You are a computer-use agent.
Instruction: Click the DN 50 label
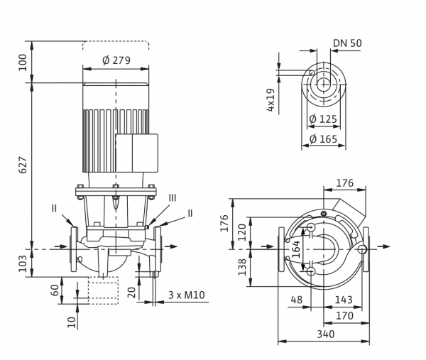coord(347,43)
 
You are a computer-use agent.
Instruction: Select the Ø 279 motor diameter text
coord(116,60)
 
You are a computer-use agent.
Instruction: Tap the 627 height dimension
coord(23,165)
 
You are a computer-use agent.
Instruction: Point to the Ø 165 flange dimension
coord(323,139)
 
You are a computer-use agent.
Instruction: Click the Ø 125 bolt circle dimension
coord(323,119)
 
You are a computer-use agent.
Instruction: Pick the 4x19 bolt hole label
coord(271,100)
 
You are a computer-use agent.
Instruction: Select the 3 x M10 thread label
coord(186,295)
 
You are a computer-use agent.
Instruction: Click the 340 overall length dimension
coord(326,334)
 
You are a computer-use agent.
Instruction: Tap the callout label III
coord(173,198)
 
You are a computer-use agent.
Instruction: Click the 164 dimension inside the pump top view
coord(296,249)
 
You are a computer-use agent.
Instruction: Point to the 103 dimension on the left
coord(23,263)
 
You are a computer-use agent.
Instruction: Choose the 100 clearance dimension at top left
coord(23,62)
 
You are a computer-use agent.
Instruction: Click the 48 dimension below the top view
coord(296,300)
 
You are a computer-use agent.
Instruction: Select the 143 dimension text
coord(344,300)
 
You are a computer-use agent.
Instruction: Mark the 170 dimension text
coord(344,316)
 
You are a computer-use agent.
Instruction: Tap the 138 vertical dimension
coord(242,267)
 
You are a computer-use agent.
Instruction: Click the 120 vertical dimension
coord(242,232)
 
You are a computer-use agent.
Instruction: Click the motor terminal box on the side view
coord(137,153)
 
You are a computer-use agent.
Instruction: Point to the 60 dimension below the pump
coord(55,290)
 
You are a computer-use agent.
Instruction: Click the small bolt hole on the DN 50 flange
coord(312,72)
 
